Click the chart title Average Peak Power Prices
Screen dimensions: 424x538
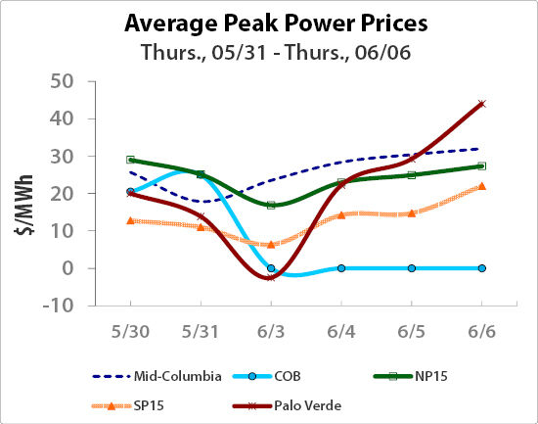pos(268,22)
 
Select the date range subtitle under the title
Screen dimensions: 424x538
pos(268,51)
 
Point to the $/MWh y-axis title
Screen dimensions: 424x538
pos(22,193)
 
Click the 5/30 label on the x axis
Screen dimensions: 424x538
pos(130,333)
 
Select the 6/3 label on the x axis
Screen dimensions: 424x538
pos(271,333)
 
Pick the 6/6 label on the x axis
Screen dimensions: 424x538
pos(481,333)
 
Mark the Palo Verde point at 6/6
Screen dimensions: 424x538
pos(481,104)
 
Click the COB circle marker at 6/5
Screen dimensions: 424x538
pos(411,268)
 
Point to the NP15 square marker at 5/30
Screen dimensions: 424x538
pos(130,160)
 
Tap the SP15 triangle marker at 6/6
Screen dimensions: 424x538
pos(481,186)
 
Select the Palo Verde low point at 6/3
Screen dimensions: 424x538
pos(271,277)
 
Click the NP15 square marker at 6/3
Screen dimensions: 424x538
pos(271,205)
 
